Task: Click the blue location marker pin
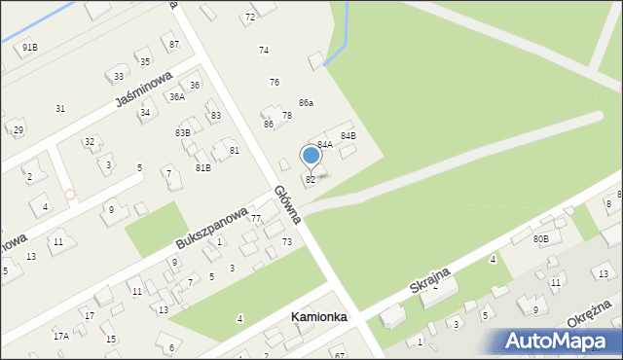pos(311,156)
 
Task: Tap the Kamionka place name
pos(319,317)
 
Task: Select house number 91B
pos(30,47)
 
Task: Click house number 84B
pos(348,135)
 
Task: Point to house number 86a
pos(306,102)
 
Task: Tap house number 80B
pos(540,237)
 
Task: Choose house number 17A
pos(61,336)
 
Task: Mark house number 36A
pos(176,96)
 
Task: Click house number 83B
pos(183,132)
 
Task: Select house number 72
pos(249,18)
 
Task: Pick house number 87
pos(173,45)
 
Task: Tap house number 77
pos(256,219)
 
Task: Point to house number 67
pos(339,355)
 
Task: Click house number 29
pos(18,129)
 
